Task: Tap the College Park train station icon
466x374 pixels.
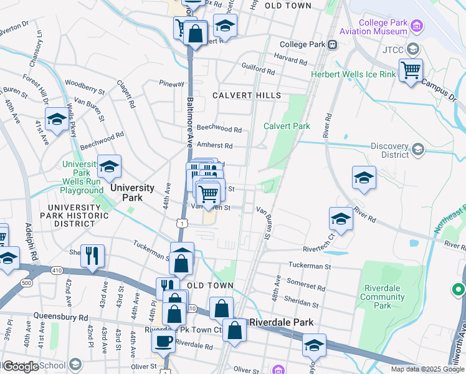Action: [x=334, y=44]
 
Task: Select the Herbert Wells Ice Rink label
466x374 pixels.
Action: [x=353, y=74]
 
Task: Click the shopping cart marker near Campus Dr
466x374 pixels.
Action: [x=411, y=71]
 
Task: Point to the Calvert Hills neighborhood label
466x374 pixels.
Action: [x=246, y=95]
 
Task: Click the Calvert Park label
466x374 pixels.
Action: [x=287, y=126]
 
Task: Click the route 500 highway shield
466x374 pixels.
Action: [x=27, y=283]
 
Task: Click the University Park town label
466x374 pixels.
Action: [x=132, y=192]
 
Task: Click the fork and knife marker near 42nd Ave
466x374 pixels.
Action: [x=92, y=254]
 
